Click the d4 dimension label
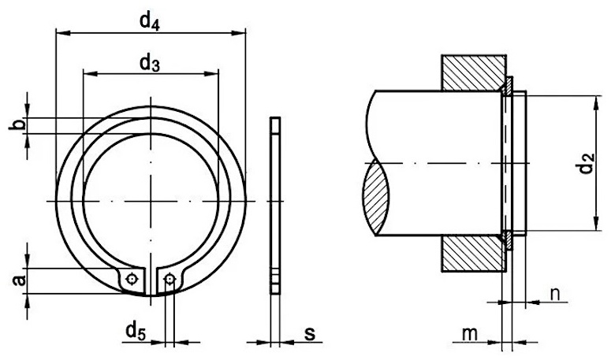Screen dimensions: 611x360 coord(150,22)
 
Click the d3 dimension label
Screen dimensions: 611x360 coord(150,63)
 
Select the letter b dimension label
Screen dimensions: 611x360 coord(17,125)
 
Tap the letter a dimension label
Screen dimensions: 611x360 coord(19,280)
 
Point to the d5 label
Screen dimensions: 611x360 coord(136,332)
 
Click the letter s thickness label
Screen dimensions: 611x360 coord(310,333)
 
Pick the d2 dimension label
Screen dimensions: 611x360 coord(586,164)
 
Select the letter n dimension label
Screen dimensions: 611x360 coord(555,295)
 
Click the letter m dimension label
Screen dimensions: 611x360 coord(469,334)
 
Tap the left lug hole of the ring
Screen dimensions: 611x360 coord(132,279)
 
